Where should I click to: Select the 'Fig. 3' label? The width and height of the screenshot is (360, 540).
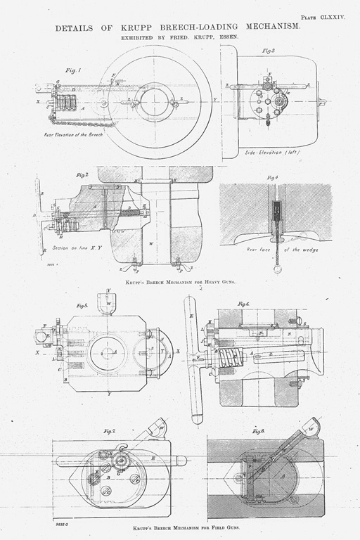click(268, 51)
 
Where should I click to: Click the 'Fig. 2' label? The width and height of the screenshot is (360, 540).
click(82, 174)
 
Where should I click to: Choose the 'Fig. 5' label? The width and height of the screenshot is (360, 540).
click(82, 306)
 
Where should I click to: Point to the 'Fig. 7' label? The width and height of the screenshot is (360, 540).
click(109, 430)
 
